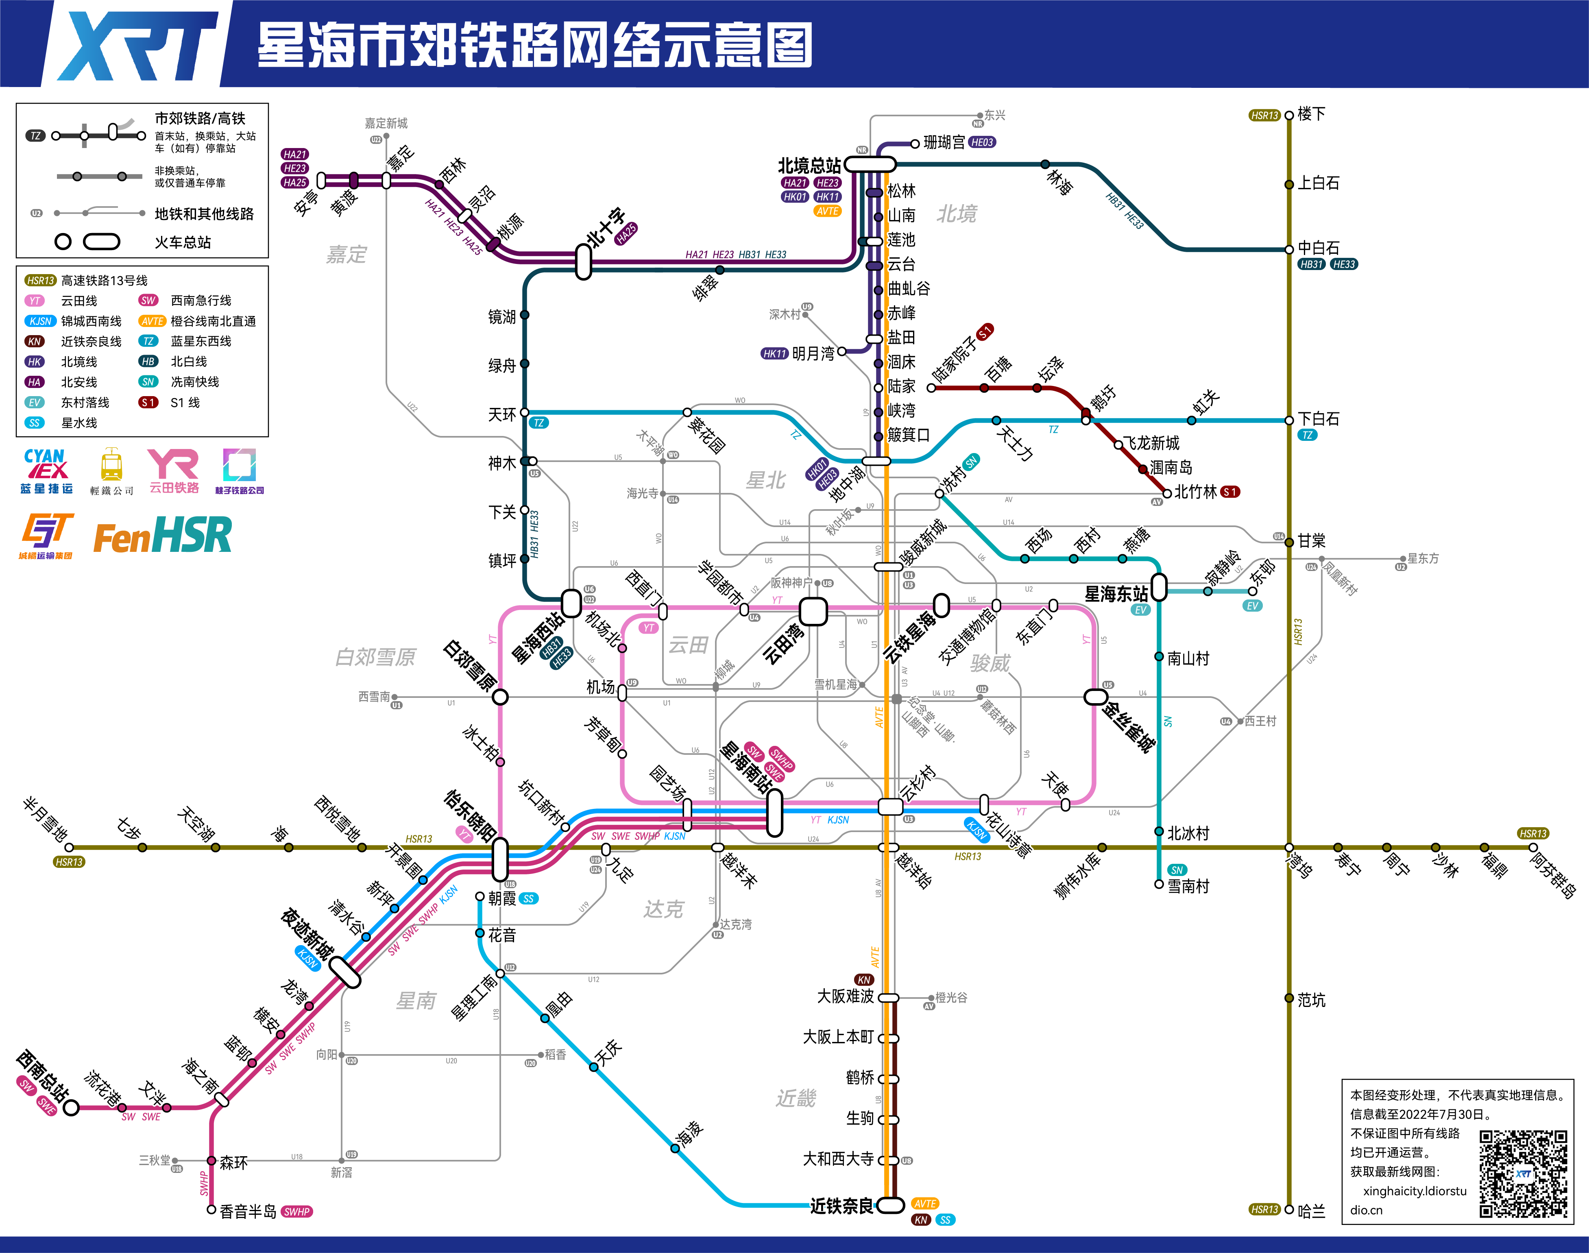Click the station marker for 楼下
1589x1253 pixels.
point(1289,115)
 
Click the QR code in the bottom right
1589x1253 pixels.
point(1523,1174)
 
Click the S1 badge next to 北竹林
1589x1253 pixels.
point(1230,492)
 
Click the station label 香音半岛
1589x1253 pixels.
point(248,1211)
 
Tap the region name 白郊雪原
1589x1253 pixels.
point(375,656)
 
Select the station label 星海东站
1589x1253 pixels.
point(1116,593)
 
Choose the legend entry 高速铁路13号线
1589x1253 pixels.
point(104,280)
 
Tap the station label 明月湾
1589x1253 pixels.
point(813,353)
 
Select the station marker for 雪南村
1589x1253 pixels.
point(1159,885)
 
